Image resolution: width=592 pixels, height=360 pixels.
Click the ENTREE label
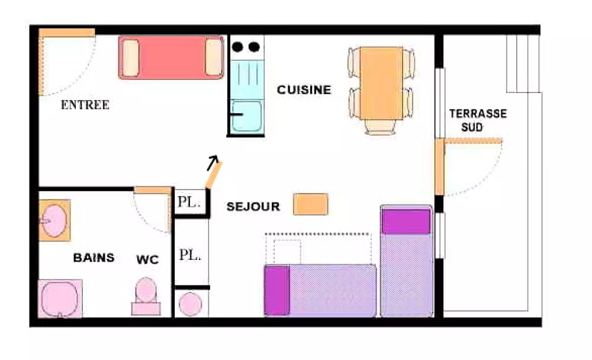(x=85, y=105)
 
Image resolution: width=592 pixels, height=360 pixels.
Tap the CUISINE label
(x=304, y=90)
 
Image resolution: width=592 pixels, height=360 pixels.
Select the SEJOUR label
(x=253, y=207)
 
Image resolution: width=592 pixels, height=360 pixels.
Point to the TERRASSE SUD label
(x=478, y=120)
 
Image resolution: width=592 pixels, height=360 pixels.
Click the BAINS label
(x=94, y=258)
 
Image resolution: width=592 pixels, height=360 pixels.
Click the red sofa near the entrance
(x=171, y=57)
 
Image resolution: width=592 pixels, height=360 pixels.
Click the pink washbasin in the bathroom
(x=54, y=220)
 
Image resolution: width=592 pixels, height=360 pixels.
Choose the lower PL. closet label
(x=190, y=256)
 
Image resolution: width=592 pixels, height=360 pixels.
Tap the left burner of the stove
(x=239, y=46)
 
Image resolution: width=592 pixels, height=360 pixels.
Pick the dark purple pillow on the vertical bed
(x=406, y=221)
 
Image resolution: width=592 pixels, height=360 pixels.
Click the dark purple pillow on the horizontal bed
(x=277, y=290)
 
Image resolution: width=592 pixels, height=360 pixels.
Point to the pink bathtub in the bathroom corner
(x=59, y=299)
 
